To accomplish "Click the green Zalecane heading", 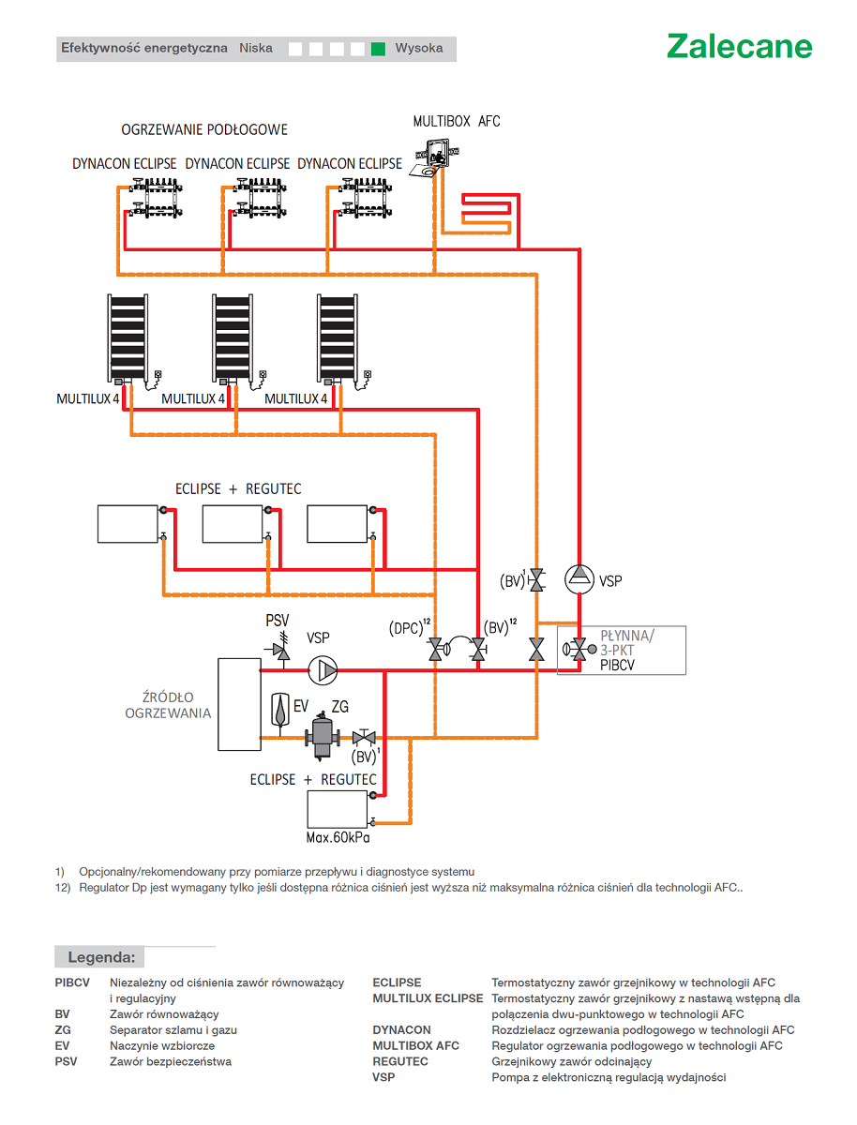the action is click(x=739, y=46).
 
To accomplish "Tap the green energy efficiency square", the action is click(x=378, y=49).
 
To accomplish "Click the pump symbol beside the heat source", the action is click(x=322, y=669).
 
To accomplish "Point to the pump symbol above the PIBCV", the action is click(x=579, y=578).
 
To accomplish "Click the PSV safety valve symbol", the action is click(x=279, y=650).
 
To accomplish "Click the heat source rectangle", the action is click(x=239, y=704).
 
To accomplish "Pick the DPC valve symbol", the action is click(x=438, y=649).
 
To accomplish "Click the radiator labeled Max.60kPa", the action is click(x=337, y=808).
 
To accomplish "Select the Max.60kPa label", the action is click(x=338, y=837).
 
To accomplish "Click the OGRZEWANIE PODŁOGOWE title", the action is click(x=204, y=129).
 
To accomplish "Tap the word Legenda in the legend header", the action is click(x=101, y=957).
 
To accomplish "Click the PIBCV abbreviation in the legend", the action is click(x=72, y=982).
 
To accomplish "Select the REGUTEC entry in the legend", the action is click(x=399, y=1061).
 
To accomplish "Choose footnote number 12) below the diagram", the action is click(x=63, y=888).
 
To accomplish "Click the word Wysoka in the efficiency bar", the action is click(x=419, y=48).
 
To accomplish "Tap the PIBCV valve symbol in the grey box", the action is click(x=579, y=650).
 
